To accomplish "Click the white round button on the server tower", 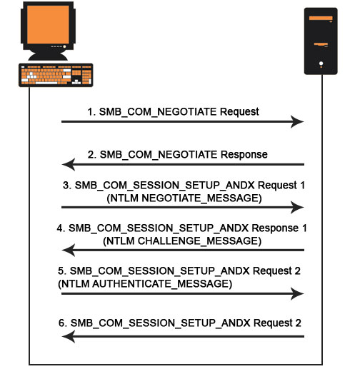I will point(321,64).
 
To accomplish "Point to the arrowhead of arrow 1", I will point(296,122).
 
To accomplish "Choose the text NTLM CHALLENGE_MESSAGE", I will point(182,242).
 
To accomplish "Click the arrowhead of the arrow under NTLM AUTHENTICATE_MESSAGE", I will point(296,293).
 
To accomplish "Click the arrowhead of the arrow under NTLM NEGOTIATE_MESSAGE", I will point(296,208).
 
